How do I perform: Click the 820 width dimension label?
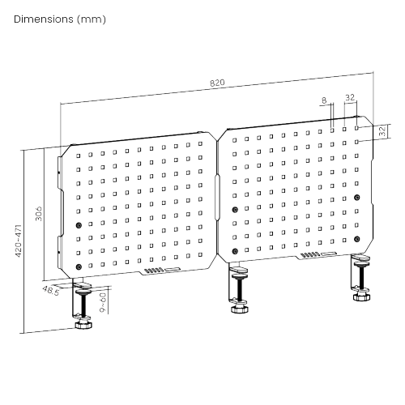click(x=217, y=83)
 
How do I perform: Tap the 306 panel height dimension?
click(x=39, y=214)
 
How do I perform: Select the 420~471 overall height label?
click(x=19, y=241)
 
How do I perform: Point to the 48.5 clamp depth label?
click(x=50, y=291)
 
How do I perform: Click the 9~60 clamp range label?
click(x=103, y=302)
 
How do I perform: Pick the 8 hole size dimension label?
click(x=324, y=100)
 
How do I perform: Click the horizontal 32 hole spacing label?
click(x=350, y=97)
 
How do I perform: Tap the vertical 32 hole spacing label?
click(x=382, y=131)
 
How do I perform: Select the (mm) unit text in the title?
click(x=92, y=19)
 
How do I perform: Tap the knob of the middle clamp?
click(x=240, y=309)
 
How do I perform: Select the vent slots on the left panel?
click(x=154, y=271)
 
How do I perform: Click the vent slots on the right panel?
click(x=310, y=254)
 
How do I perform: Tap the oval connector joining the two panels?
click(x=217, y=198)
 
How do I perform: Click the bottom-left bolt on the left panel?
click(x=79, y=266)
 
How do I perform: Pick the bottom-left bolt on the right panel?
click(x=235, y=251)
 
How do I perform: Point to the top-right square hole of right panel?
click(x=356, y=128)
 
